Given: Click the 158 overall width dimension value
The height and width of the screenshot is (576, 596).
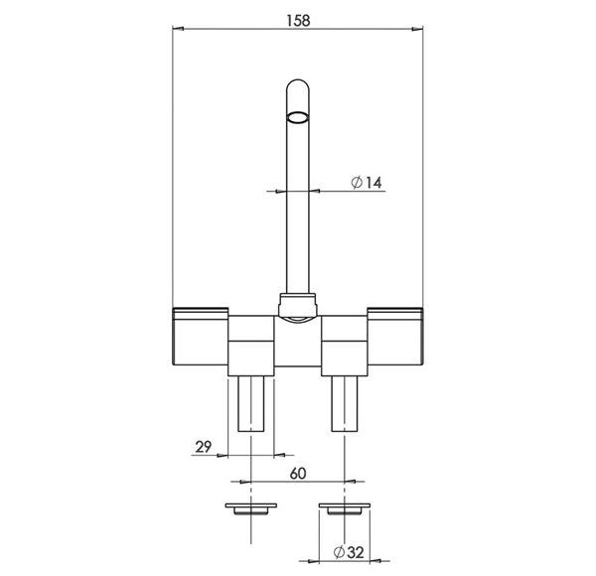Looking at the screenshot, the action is pos(298,21).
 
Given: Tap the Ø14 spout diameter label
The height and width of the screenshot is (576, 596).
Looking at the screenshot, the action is pos(366,183).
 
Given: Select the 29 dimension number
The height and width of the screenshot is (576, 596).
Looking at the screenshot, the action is pos(204,447).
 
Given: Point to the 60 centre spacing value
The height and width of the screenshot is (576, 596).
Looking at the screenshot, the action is pos(298,474).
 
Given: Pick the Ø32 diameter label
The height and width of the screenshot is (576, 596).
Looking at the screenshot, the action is pos(349,552).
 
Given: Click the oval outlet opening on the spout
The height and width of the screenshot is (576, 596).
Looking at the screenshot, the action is pos(297,117).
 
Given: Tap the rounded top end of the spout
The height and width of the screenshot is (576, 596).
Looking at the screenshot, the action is pos(298,85).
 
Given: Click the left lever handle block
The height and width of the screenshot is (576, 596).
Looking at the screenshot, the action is pos(201,337).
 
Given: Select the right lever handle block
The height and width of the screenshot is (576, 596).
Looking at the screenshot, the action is pos(395,337).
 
